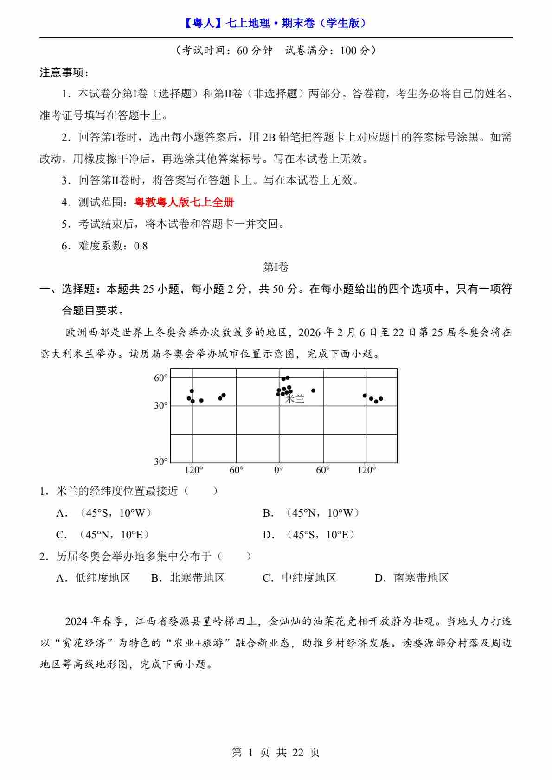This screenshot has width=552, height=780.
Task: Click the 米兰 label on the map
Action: pos(295,399)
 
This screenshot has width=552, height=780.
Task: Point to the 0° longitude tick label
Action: pos(278,470)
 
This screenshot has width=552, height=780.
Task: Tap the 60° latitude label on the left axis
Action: pos(160,378)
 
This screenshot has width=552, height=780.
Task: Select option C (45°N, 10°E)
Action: pos(103,535)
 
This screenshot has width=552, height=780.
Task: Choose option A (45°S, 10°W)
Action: pos(103,513)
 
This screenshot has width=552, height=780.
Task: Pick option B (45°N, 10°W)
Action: pos(311,513)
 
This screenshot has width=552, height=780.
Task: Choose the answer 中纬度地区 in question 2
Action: pos(308,578)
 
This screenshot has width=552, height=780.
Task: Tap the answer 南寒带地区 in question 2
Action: pos(421,578)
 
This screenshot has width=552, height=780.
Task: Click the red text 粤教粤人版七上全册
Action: pos(184,202)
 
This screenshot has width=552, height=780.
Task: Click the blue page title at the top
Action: pos(276,23)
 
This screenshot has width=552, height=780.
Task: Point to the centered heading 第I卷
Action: pos(276,267)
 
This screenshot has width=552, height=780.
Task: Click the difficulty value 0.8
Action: pos(141,246)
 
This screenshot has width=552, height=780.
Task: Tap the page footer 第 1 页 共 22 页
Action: pos(276,752)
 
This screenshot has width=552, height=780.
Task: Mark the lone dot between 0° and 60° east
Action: pos(313,390)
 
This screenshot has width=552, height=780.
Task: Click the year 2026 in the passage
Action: pos(309,332)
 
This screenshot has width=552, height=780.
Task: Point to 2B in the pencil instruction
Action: pos(269,137)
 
